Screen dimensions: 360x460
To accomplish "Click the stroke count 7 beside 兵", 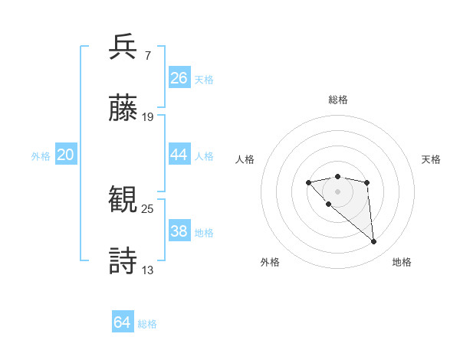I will pyautogui.click(x=147, y=56).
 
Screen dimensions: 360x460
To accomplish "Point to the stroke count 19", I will pyautogui.click(x=148, y=116).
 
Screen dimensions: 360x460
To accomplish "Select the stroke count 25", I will pyautogui.click(x=148, y=208).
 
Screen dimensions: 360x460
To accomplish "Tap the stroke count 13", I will pyautogui.click(x=148, y=270).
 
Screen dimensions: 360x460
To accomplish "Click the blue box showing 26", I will pyautogui.click(x=179, y=78).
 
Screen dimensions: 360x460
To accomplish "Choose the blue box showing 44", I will pyautogui.click(x=179, y=155).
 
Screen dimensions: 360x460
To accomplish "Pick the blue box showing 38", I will pyautogui.click(x=179, y=231).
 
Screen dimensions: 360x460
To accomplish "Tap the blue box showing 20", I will pyautogui.click(x=66, y=155).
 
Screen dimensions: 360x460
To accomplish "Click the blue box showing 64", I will pyautogui.click(x=123, y=322).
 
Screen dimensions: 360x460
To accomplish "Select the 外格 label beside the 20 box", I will pyautogui.click(x=41, y=155).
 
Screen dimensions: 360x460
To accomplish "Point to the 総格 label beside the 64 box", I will pyautogui.click(x=147, y=324).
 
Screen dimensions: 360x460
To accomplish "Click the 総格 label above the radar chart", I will pyautogui.click(x=338, y=100).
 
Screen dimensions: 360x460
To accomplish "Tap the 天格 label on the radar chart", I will pyautogui.click(x=431, y=159).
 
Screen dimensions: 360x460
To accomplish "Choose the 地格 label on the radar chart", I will pyautogui.click(x=402, y=262).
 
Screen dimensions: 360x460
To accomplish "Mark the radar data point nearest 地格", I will pyautogui.click(x=374, y=242).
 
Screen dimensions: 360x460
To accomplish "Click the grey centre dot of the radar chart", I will pyautogui.click(x=338, y=191).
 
